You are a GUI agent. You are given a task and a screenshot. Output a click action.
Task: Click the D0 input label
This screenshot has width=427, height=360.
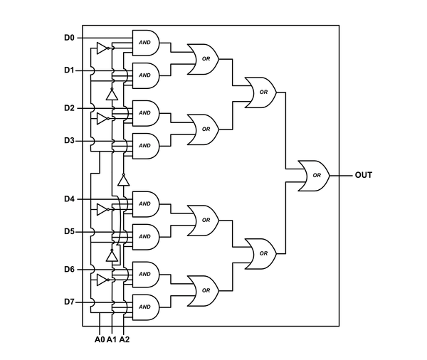click(68, 37)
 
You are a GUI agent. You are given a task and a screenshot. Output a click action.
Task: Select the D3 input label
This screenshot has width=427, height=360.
click(68, 140)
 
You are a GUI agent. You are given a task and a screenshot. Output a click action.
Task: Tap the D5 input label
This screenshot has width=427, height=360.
click(68, 231)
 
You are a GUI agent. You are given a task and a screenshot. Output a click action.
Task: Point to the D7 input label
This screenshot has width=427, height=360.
click(68, 302)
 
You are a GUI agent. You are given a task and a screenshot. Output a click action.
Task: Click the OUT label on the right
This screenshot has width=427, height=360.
click(363, 174)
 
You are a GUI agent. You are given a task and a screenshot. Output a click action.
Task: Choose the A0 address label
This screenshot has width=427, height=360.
click(100, 339)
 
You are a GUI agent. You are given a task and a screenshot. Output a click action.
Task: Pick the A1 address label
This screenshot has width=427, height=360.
click(112, 339)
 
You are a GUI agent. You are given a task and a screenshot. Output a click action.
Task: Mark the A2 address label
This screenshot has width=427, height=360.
click(125, 339)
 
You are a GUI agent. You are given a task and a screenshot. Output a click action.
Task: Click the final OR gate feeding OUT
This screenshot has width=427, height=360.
click(314, 175)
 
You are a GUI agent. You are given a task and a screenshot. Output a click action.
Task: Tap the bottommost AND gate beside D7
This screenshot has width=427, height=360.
click(145, 307)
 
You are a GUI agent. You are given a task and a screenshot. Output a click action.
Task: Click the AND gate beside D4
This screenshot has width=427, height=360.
click(145, 203)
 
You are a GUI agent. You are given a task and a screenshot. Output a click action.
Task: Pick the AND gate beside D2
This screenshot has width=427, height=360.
click(145, 112)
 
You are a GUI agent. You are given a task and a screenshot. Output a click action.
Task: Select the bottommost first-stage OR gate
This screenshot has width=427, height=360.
click(204, 290)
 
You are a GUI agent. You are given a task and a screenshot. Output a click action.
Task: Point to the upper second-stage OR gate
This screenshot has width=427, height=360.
click(261, 92)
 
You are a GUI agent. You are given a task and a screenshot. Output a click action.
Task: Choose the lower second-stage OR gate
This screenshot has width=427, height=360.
click(261, 253)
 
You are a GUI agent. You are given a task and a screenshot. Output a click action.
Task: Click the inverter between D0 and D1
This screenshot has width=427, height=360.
click(102, 48)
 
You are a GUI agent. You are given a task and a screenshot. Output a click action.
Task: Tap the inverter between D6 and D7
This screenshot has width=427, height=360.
click(102, 280)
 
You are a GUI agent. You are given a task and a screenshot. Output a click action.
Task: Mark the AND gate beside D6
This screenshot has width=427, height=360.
click(145, 274)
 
